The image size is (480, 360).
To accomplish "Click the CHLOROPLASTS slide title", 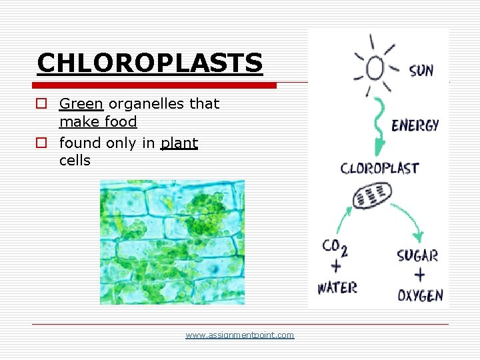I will coord(150,63).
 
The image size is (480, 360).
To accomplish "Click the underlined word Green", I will coord(81,104).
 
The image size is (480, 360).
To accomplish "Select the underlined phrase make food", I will coord(98,122).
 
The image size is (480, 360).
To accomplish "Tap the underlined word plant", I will coord(179,143).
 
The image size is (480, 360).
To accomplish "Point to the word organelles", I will coord(140,104).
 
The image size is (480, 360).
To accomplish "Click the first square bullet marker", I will coord(41,104).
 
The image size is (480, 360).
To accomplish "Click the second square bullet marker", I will coord(41,143).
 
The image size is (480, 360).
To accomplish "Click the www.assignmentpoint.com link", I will coord(239,335).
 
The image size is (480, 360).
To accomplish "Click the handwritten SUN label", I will coord(421,69).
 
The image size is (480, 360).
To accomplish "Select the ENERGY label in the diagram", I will coord(415,125).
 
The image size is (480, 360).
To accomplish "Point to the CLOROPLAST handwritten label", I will coord(379,168).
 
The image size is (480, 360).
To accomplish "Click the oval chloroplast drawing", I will coord(372,195).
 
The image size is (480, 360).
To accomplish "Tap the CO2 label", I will coord(335,247).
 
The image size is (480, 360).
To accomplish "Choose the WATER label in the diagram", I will coord(337,288).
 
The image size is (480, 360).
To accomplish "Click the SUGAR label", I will coord(417,255).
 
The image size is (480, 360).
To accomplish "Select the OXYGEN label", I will coord(420,295).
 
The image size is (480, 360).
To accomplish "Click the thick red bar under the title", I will coord(157,85).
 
